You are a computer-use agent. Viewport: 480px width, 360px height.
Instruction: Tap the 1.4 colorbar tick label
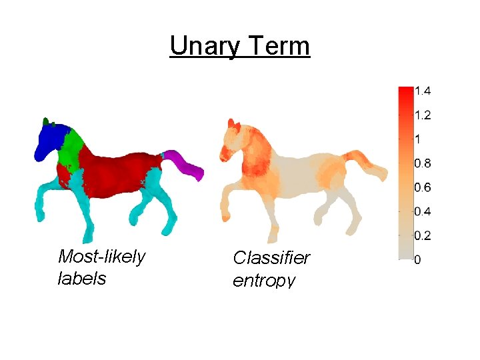click(423, 91)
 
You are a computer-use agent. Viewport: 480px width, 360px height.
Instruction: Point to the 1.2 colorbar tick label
click(423, 115)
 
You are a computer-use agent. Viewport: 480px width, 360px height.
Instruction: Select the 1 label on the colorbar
click(418, 139)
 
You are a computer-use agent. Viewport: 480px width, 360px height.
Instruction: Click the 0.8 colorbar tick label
click(423, 163)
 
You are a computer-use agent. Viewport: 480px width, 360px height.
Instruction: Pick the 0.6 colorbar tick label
click(423, 187)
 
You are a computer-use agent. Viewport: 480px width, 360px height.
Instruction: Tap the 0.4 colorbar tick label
click(423, 212)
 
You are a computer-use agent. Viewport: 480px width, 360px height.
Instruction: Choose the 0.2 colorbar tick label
click(423, 236)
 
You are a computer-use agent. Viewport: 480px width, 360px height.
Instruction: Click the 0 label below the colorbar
click(417, 260)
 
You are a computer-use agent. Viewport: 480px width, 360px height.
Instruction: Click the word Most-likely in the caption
click(101, 257)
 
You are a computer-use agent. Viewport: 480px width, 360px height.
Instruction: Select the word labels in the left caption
click(82, 278)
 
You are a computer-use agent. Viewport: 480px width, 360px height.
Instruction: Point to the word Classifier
click(271, 258)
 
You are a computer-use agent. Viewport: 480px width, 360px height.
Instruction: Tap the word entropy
click(263, 280)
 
